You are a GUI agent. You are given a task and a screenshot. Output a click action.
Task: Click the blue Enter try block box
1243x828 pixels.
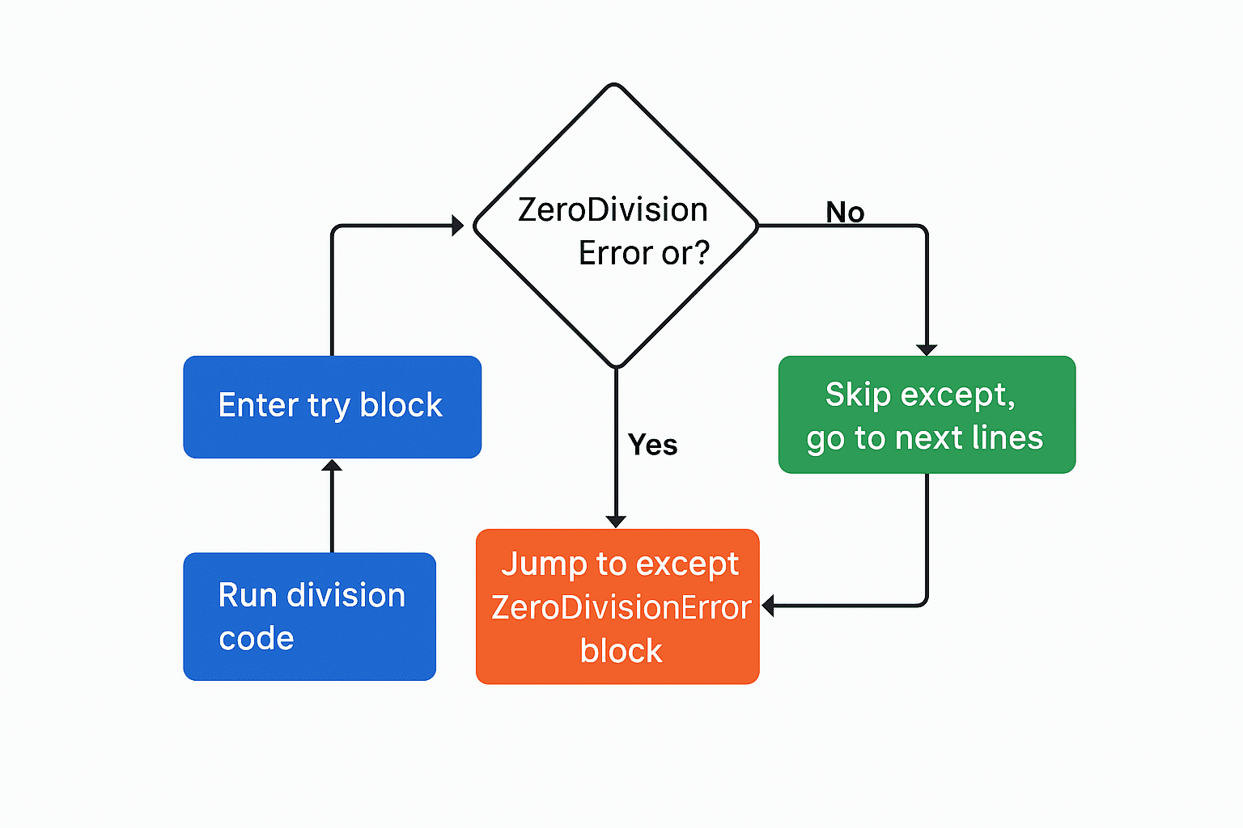coord(332,407)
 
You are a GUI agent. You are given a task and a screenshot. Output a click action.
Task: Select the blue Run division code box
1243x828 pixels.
coord(309,616)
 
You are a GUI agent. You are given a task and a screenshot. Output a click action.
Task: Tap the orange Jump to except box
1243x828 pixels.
coord(617,606)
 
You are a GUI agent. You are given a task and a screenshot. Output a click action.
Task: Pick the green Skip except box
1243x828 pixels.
coord(927,415)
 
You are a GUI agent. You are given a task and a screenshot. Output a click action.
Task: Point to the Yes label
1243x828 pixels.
coord(652,445)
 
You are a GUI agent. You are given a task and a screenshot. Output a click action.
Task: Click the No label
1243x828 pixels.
coord(845,213)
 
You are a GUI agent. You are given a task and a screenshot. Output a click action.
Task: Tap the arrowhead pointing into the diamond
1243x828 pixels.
coord(457,226)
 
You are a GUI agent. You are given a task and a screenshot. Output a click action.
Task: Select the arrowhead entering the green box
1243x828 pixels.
coord(927,349)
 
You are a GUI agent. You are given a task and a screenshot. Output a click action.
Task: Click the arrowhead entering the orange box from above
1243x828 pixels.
coord(616,522)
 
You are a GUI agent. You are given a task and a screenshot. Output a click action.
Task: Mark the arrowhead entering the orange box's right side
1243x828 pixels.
coord(768,606)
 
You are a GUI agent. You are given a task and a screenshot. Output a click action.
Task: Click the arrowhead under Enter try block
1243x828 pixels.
coord(332,466)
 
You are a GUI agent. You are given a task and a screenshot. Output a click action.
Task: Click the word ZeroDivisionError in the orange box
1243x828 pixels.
coord(621,607)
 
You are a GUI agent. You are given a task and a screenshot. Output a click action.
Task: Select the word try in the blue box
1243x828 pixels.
coord(328,406)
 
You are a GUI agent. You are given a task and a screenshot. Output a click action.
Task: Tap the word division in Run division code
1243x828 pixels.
coord(346,595)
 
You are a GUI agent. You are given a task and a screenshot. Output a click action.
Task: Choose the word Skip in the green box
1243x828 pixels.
coord(858,395)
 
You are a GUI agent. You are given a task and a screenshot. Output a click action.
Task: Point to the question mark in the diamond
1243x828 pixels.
coord(701,254)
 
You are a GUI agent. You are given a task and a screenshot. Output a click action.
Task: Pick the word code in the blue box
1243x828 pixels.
coord(256,639)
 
